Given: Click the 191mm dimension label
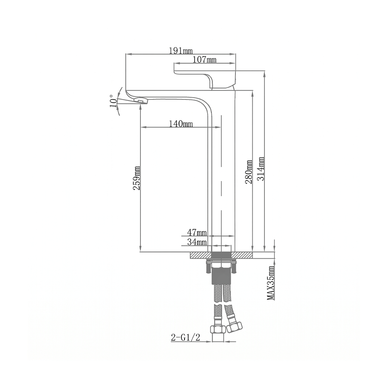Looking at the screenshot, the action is [181, 51].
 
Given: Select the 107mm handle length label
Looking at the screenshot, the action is [204, 60].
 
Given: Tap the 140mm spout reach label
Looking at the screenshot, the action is [181, 123].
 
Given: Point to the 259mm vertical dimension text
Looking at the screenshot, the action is [137, 178].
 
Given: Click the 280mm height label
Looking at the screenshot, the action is [249, 172].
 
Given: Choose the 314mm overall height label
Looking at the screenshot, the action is [261, 168].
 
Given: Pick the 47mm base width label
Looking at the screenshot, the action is [197, 232].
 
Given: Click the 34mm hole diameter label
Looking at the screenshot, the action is [197, 242].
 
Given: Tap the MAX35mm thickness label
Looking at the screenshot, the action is [271, 283].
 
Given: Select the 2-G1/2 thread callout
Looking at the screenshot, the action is [186, 338].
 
